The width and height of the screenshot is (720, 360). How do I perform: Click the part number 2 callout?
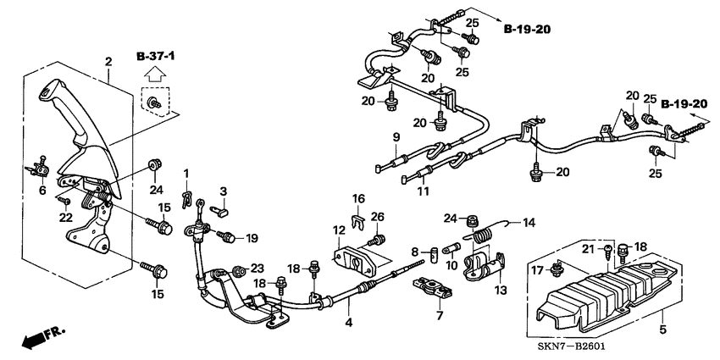pyautogui.click(x=108, y=61)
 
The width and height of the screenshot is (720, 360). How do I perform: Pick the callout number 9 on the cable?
pyautogui.click(x=395, y=137)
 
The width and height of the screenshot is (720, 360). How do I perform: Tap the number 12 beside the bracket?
pyautogui.click(x=338, y=230)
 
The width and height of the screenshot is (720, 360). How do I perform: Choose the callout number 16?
pyautogui.click(x=359, y=198)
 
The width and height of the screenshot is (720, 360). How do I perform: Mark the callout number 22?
pyautogui.click(x=62, y=217)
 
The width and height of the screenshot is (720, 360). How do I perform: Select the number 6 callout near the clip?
pyautogui.click(x=42, y=191)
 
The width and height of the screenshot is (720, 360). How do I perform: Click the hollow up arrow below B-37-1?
pyautogui.click(x=154, y=76)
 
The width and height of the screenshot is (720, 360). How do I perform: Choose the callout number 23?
pyautogui.click(x=257, y=268)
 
